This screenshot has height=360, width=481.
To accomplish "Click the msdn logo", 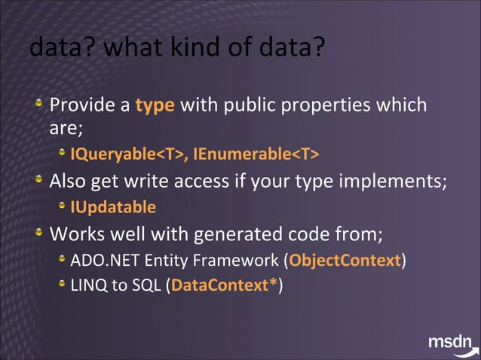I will tap(452, 343).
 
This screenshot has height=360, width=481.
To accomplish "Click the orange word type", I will tap(155, 105).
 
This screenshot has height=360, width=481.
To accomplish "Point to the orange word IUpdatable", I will tap(113, 207).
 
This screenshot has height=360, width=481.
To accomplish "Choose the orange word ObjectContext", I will tap(345, 261).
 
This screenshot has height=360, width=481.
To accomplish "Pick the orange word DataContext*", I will tap(224, 286).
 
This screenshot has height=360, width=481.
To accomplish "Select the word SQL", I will tap(147, 286).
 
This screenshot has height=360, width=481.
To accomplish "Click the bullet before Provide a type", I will tap(39, 104).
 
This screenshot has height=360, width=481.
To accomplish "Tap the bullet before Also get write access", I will tap(39, 182).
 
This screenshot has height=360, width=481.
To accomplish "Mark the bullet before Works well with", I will tap(39, 233).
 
